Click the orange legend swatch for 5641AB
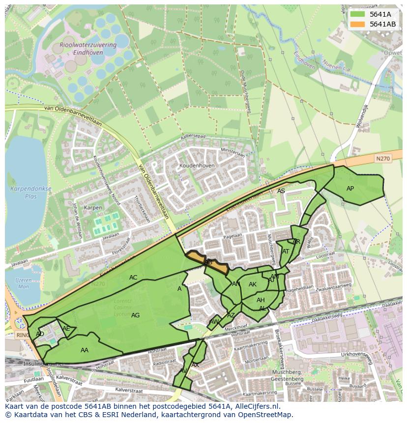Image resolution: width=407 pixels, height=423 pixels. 357,24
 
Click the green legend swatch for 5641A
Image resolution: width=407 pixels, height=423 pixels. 357,14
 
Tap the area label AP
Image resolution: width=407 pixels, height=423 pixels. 350,189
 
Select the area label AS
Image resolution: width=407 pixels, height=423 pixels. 281,191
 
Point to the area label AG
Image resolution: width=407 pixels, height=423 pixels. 136,315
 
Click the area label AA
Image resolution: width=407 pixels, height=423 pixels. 84,350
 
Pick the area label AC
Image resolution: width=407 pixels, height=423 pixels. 133,278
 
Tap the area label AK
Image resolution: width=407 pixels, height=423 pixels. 253,284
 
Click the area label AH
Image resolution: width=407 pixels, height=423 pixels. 261,300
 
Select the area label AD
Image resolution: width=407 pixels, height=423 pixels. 40,334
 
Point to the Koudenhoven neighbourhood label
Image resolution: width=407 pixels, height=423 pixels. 197,166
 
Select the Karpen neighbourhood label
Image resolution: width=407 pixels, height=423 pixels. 93,208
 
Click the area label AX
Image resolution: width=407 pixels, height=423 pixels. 195,365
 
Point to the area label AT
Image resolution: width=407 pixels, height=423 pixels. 286,252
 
